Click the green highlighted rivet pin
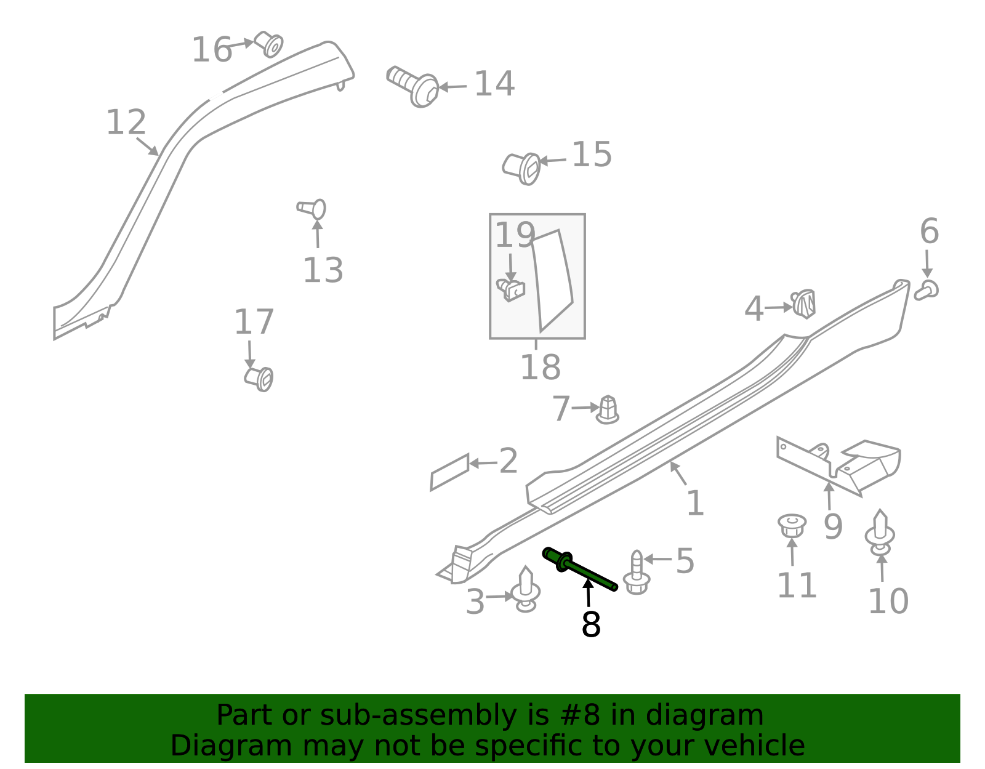coord(579,569)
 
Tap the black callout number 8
coord(591,624)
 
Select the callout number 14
coord(494,84)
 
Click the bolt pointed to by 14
coord(412,86)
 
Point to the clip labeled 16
coord(269,44)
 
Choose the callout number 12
coord(126,123)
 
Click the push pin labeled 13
coord(312,209)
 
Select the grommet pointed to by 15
coord(521,169)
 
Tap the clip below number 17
coord(259,379)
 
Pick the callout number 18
coord(541,367)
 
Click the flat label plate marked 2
coord(449,472)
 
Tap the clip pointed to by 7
coord(608,410)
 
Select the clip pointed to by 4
coord(803,304)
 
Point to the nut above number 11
coord(792,526)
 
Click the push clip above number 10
coord(880,533)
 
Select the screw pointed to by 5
coord(637,573)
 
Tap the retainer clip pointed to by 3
coord(526,589)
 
